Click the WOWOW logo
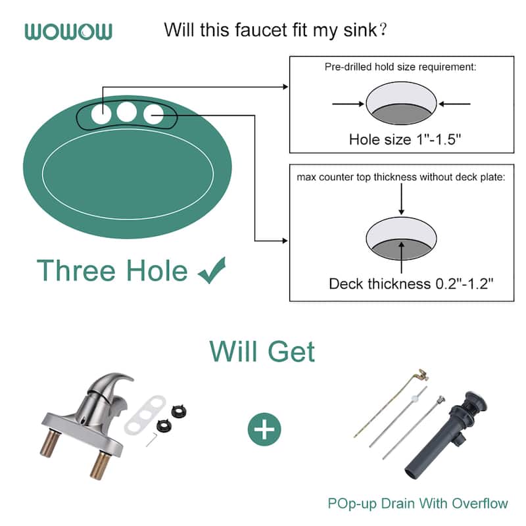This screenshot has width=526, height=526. [x=68, y=31]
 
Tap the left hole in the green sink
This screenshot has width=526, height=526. [x=101, y=113]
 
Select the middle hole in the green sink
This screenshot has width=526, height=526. [x=127, y=112]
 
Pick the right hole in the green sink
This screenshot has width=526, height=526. [x=153, y=114]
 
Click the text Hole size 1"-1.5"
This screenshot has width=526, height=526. [x=402, y=139]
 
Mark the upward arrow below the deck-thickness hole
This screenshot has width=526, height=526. [x=402, y=263]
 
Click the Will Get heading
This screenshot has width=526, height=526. [x=262, y=352]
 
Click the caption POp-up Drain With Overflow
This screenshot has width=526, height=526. [x=418, y=504]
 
